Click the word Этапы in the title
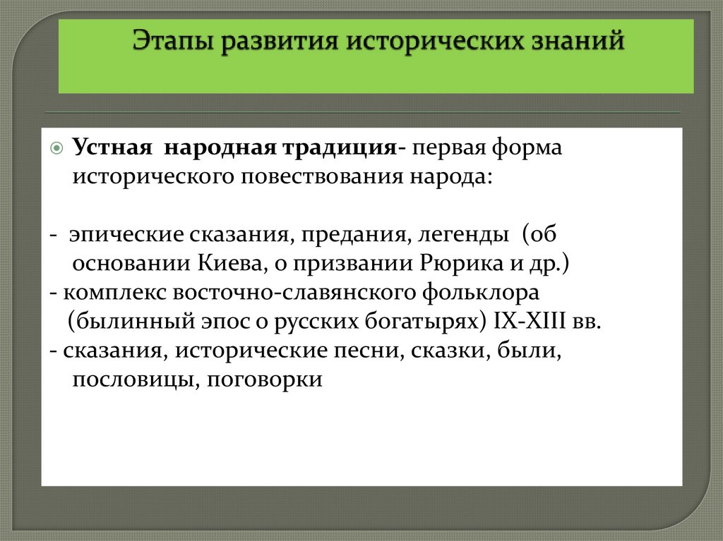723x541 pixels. coord(173,40)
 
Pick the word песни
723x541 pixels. coord(359,351)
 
